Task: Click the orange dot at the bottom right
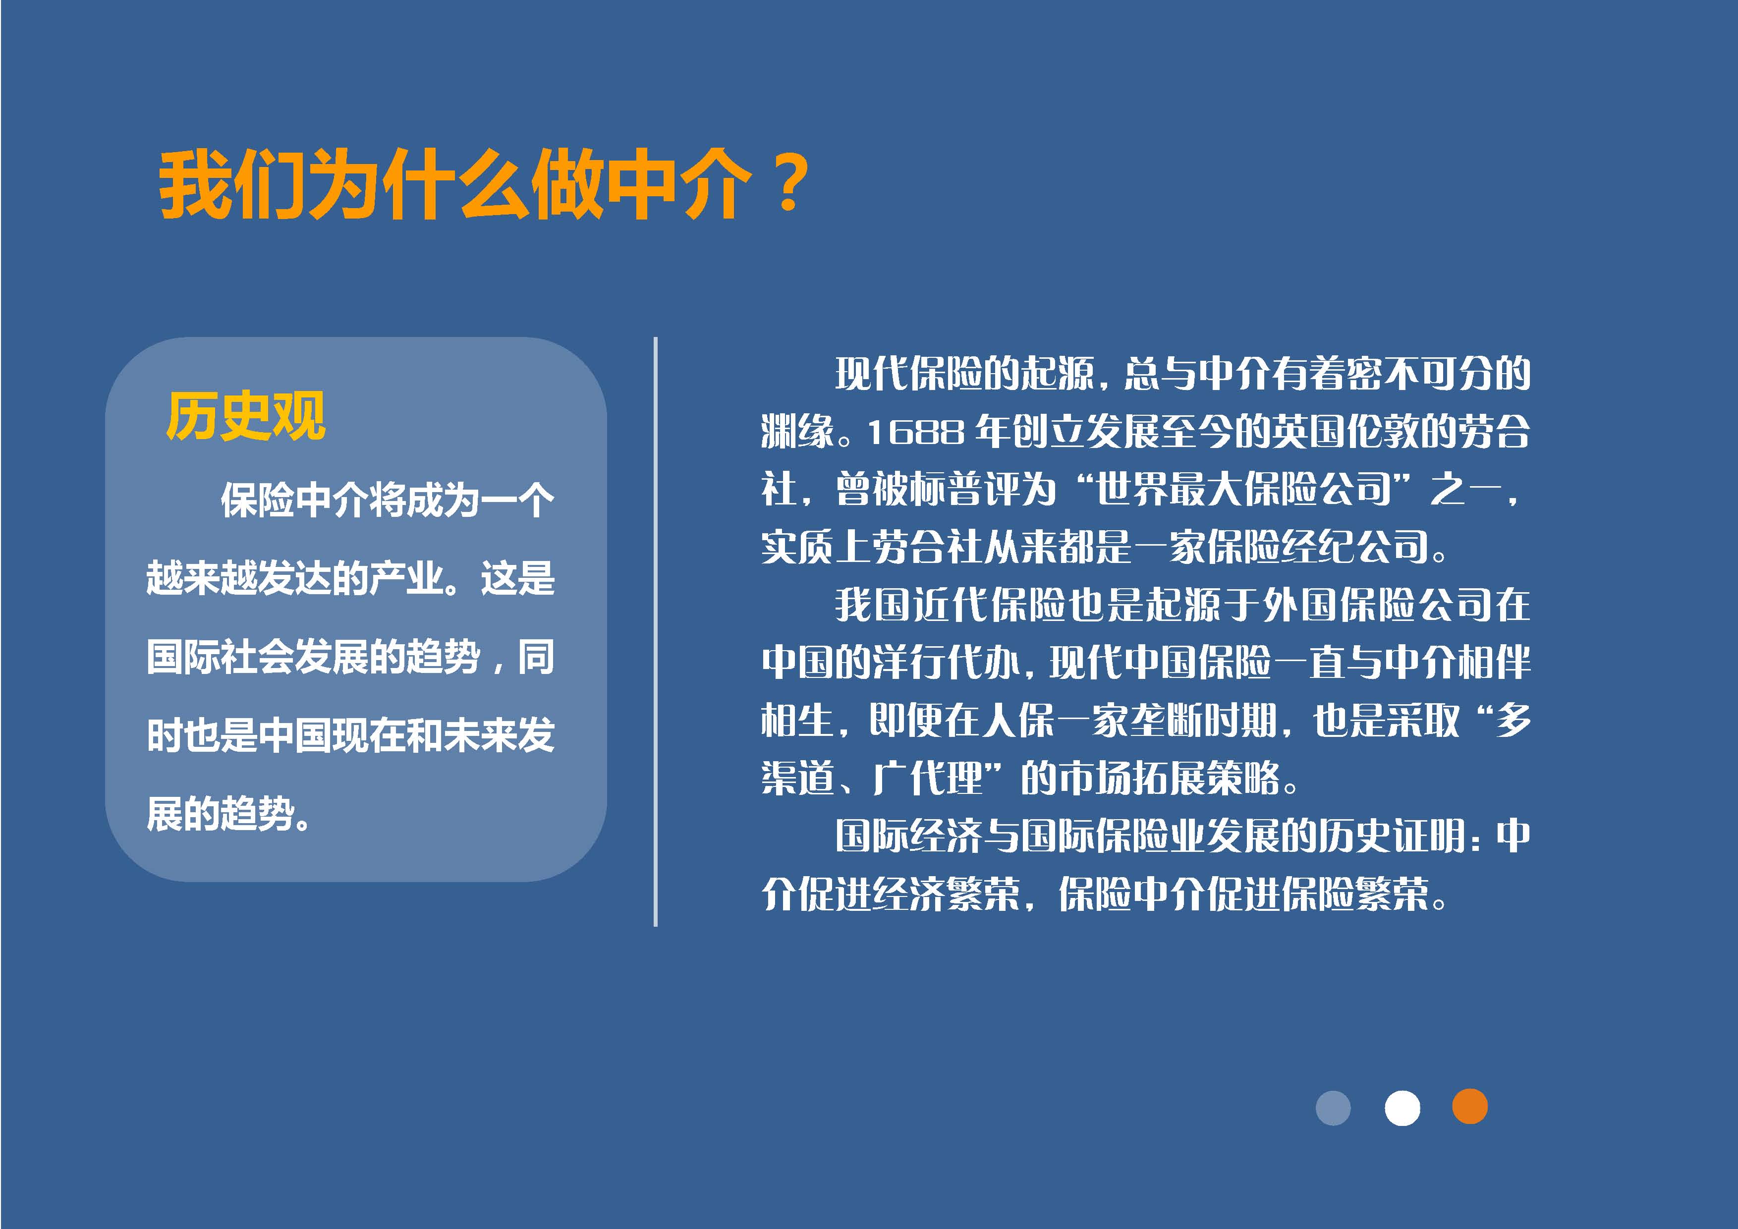point(1469,1107)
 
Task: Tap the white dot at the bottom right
point(1402,1108)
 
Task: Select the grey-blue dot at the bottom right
point(1333,1108)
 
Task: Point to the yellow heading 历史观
point(246,416)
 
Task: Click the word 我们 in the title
point(232,185)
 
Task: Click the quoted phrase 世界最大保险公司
point(1244,490)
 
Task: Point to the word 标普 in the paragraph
point(945,490)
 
